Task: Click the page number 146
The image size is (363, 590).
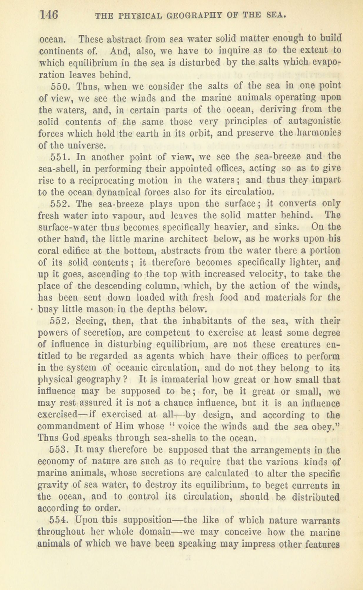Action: tap(49, 15)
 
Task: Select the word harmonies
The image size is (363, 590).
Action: tap(319, 133)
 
